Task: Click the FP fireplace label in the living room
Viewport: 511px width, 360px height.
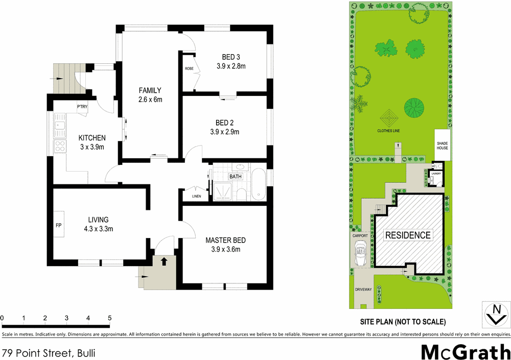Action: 58,224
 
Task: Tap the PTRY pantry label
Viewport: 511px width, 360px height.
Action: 82,107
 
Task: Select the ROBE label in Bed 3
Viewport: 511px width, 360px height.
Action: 189,68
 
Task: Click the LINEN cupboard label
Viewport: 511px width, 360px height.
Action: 197,196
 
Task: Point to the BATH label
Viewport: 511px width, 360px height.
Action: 236,177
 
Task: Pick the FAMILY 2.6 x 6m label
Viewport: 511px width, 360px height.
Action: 150,95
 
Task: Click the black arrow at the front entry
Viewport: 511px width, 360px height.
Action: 164,261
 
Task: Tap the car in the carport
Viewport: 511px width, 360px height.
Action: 361,253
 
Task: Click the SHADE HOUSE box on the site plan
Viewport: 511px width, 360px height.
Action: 442,145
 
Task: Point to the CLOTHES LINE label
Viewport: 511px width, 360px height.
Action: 389,131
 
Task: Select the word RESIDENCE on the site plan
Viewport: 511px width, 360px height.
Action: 408,235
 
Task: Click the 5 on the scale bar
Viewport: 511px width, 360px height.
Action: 109,319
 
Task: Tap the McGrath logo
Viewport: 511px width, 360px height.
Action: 465,352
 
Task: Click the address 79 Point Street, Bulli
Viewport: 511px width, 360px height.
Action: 49,353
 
